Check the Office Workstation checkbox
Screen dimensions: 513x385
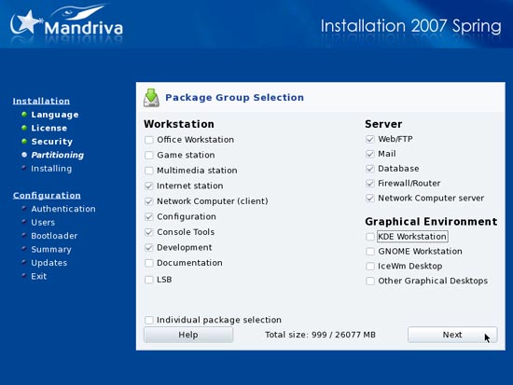tap(149, 140)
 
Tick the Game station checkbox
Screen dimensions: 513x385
tap(149, 155)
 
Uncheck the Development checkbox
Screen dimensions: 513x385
tap(149, 248)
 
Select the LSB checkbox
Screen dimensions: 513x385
tap(149, 280)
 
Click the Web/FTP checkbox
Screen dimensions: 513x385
tap(370, 139)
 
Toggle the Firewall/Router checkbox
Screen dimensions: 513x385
tap(370, 184)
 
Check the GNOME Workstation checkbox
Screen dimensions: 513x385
tap(370, 252)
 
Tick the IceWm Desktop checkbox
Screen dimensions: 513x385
tap(370, 267)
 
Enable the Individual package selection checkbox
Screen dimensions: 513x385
tap(149, 320)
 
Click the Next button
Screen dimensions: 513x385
tap(452, 335)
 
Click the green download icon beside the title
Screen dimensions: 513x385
tap(151, 98)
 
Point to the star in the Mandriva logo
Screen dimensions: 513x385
tap(27, 22)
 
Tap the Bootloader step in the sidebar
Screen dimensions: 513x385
tap(54, 236)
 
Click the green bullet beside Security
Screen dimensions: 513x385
tap(24, 141)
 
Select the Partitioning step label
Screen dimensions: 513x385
tap(58, 155)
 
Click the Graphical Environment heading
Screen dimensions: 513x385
tap(431, 222)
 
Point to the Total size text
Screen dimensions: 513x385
tap(320, 335)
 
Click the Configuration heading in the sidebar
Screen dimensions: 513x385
tap(47, 195)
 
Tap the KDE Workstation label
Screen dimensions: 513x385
tap(412, 237)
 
